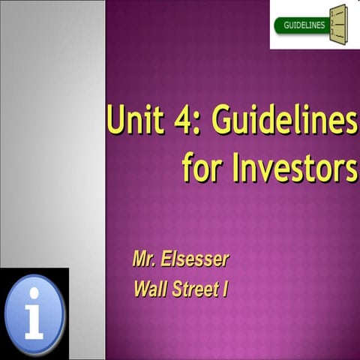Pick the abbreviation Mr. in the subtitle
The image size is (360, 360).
pos(145,261)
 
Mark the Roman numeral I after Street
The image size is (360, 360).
pos(224,287)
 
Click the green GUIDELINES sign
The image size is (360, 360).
pos(304,25)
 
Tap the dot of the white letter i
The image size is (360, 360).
pos(34,295)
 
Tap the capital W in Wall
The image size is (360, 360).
pos(140,287)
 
